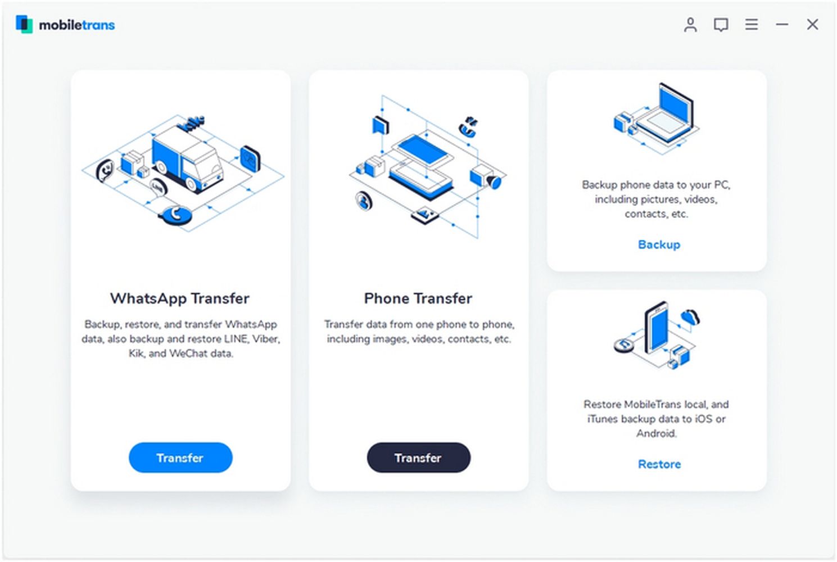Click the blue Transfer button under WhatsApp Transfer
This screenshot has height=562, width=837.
tap(180, 457)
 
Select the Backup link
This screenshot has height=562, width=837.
tap(659, 244)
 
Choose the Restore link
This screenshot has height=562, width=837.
tap(659, 464)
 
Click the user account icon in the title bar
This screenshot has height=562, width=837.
tap(690, 25)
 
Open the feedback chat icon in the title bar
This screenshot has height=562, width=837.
tap(721, 25)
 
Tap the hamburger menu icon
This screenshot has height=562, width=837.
tap(752, 25)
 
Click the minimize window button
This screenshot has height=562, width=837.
tap(782, 25)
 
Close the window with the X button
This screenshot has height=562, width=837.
tap(812, 25)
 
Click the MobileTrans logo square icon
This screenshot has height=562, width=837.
tap(24, 24)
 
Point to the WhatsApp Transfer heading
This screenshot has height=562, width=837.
tap(180, 298)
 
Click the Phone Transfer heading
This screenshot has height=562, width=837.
tap(418, 298)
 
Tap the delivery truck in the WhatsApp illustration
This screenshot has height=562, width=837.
tap(187, 160)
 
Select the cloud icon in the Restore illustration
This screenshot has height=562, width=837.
tap(690, 317)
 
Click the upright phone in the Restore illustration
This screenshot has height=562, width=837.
tap(657, 327)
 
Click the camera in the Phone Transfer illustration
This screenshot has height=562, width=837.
tap(486, 177)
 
